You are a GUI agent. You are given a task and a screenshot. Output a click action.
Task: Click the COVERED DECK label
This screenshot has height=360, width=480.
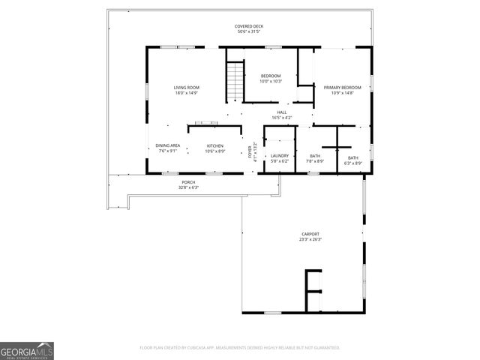250,26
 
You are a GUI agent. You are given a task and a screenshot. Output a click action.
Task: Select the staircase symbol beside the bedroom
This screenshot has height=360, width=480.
235,80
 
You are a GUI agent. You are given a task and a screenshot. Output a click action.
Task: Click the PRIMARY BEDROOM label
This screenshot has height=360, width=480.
342,88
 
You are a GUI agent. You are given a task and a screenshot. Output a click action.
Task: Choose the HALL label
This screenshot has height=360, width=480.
282,112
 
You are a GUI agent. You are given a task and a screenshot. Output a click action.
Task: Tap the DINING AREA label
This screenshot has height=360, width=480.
168,145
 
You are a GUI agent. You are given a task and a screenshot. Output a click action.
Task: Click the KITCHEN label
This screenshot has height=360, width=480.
215,145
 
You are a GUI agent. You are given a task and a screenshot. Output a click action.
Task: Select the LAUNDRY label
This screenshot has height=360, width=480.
280,155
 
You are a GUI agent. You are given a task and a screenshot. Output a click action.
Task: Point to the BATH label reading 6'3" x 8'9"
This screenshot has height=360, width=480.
352,157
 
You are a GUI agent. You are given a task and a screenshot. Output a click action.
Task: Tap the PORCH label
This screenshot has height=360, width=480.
188,182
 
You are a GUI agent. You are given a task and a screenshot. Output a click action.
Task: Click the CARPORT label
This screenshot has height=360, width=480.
311,234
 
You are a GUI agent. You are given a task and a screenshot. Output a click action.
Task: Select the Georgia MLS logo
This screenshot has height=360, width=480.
27,350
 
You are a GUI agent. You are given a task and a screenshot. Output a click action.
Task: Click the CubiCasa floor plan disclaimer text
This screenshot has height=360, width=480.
240,348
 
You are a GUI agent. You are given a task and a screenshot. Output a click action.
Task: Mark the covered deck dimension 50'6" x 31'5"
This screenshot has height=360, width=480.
250,31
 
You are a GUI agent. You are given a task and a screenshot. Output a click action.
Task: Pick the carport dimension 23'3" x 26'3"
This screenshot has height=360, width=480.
311,239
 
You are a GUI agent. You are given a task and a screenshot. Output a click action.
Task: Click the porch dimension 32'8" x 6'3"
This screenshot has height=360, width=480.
188,187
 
